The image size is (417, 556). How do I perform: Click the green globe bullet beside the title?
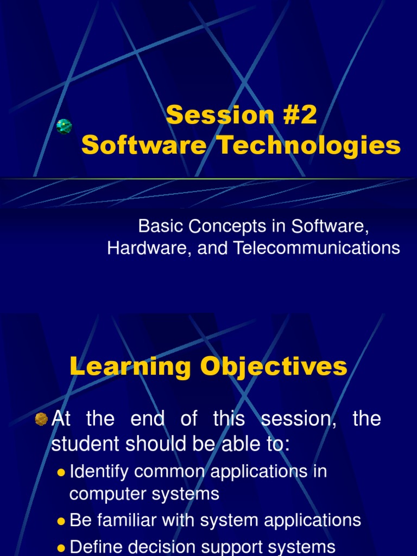pyautogui.click(x=64, y=127)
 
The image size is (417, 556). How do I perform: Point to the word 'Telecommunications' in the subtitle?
pyautogui.click(x=317, y=248)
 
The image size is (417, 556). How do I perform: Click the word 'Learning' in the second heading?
pyautogui.click(x=128, y=367)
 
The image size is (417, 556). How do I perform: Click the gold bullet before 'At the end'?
pyautogui.click(x=41, y=419)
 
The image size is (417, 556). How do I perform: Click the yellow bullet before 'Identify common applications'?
pyautogui.click(x=61, y=472)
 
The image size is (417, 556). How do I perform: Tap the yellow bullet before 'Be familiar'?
pyautogui.click(x=61, y=521)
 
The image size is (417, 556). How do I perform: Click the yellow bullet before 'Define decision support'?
pyautogui.click(x=61, y=547)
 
